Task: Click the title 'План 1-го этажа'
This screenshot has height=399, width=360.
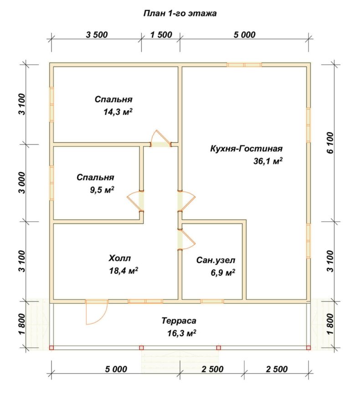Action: point(180,13)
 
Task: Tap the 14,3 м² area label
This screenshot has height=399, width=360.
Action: point(118,112)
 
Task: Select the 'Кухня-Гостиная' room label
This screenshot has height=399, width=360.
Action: point(246,148)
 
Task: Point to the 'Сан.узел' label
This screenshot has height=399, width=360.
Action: point(216,260)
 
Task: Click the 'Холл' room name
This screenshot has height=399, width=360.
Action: point(120,258)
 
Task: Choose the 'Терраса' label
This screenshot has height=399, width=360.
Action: point(179,321)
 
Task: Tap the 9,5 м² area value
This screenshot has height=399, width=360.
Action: point(102,190)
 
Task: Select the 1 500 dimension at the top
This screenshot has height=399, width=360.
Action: point(161,35)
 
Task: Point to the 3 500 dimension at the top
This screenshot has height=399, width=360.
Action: point(97,35)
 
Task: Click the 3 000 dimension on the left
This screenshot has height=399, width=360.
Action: point(22,183)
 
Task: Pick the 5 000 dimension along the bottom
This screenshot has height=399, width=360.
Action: point(116,369)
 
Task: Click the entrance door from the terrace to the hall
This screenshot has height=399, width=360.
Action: point(97,312)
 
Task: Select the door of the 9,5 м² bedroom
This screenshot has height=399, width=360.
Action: point(136,201)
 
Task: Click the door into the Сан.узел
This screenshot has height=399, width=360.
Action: point(186,239)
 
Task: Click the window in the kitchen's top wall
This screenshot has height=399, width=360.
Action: point(244,65)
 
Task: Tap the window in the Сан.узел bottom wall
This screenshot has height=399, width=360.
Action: point(212,301)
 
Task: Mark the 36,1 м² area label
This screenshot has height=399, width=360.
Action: point(268,161)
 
